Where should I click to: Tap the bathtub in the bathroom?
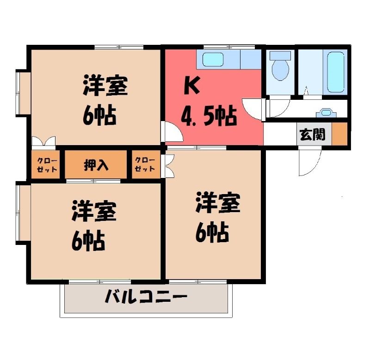point(336,72)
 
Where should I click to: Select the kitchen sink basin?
point(213,60)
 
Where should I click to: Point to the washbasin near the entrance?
point(326,112)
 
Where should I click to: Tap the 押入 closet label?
point(96,165)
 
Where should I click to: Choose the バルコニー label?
point(146,296)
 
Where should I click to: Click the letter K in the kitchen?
point(191,85)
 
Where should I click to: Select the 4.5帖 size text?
point(209,116)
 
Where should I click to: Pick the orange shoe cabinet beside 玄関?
point(339,134)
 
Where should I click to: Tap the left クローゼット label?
point(47,165)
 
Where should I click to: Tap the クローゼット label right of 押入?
point(145,165)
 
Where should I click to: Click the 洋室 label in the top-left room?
point(105,85)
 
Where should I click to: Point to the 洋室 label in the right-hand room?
point(218,203)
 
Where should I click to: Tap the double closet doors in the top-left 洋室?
point(43,141)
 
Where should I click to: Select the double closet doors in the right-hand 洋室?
point(170,166)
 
